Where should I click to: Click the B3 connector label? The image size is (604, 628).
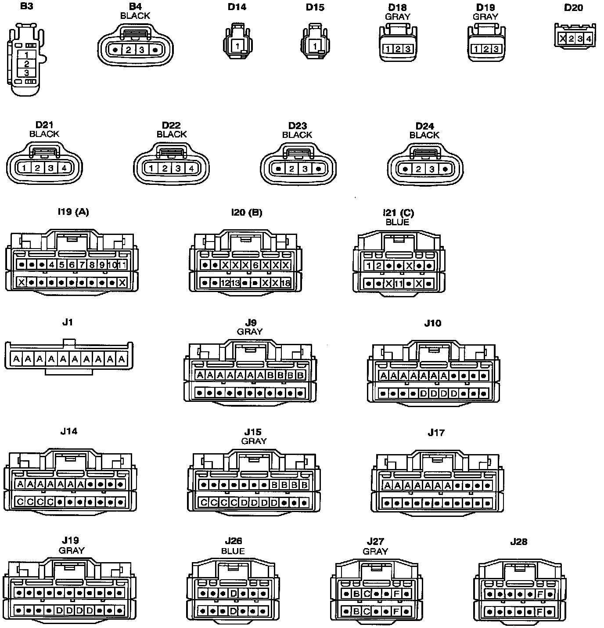(26, 7)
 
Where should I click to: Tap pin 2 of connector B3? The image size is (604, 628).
(27, 64)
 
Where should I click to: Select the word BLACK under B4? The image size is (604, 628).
(135, 16)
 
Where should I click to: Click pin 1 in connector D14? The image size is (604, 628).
(237, 46)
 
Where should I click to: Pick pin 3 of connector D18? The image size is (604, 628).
(408, 49)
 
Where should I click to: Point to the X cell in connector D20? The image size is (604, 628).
(563, 39)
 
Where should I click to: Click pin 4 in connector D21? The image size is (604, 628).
(64, 168)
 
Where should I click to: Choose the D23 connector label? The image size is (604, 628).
(297, 126)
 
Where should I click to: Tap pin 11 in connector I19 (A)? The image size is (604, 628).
(122, 265)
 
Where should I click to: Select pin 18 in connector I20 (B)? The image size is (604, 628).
(285, 283)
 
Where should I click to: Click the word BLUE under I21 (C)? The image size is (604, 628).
(397, 222)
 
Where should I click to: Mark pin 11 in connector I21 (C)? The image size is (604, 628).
(399, 284)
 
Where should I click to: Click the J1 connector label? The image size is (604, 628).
(67, 322)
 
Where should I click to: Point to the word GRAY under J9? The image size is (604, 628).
(250, 332)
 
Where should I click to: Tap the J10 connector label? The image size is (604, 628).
(433, 323)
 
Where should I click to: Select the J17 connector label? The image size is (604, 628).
(436, 433)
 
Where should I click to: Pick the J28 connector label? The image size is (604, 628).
(518, 542)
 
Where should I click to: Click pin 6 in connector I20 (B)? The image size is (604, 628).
(255, 265)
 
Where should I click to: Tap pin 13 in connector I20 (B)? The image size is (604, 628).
(235, 283)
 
